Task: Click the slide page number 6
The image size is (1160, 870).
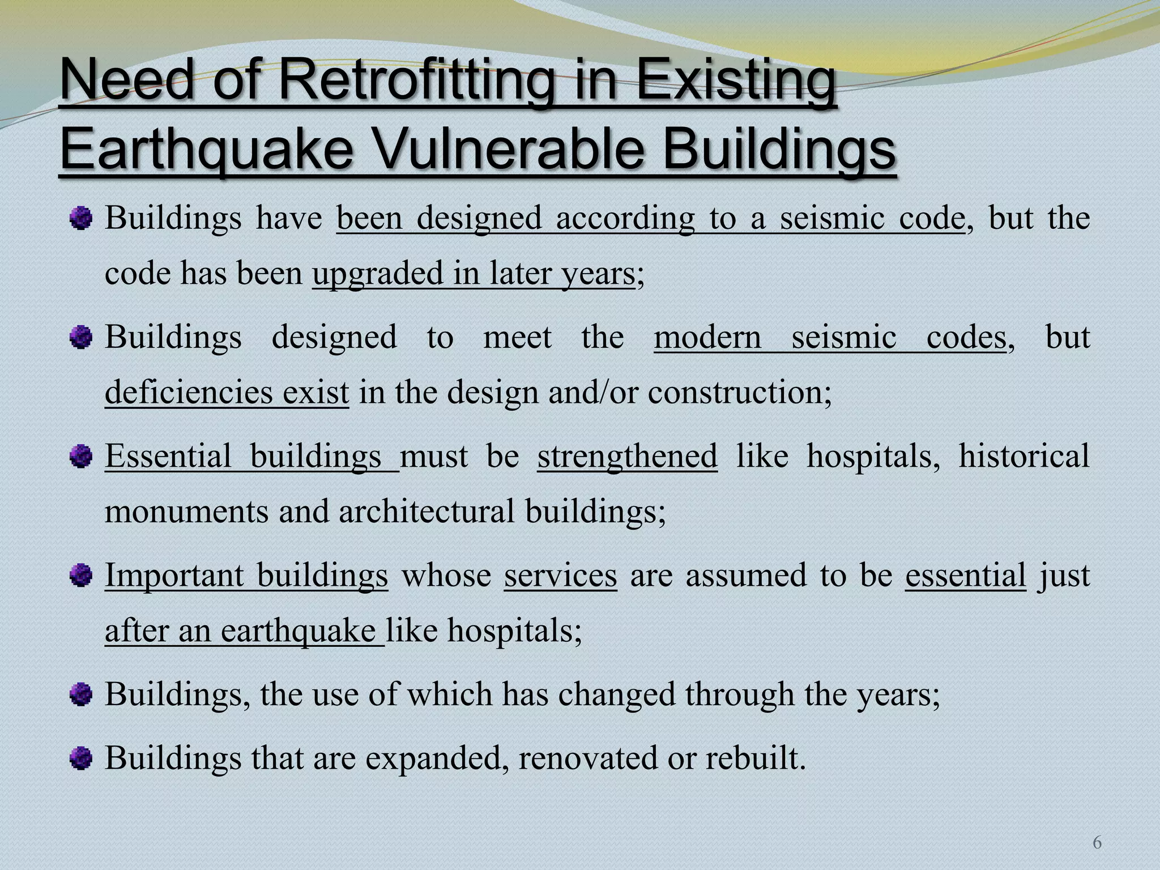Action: [1097, 843]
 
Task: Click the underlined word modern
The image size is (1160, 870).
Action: [707, 338]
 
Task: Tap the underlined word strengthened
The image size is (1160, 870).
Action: [627, 456]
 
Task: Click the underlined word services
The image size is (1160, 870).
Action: [560, 575]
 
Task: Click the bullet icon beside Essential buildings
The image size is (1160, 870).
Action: [81, 456]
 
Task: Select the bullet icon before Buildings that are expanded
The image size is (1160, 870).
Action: [81, 758]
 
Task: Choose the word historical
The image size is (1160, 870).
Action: [1023, 456]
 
